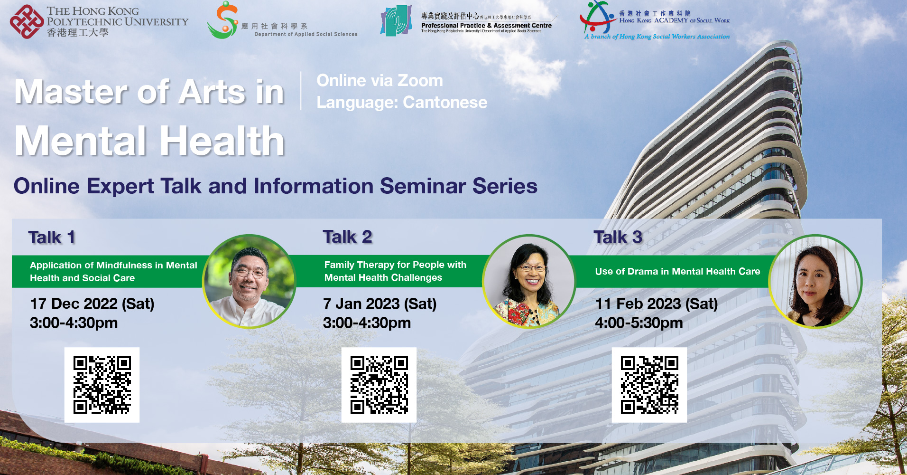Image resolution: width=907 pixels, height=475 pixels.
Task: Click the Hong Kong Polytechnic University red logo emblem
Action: pos(27,22)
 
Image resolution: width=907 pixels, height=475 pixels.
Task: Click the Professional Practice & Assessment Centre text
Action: pos(486,26)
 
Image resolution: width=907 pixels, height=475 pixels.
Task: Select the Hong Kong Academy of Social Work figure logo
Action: pos(597,18)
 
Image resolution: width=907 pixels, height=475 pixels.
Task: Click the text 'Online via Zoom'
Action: pos(379,81)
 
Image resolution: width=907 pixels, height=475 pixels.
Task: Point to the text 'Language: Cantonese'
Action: pos(401,103)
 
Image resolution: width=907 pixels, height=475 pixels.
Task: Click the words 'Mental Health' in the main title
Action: pos(149,141)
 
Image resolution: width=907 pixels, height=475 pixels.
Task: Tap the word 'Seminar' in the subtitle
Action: pos(423,186)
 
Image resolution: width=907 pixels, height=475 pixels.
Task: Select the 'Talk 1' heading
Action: pos(52,237)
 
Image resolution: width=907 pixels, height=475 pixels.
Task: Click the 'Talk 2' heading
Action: pos(347,237)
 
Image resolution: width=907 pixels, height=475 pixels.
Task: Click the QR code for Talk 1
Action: pos(102,385)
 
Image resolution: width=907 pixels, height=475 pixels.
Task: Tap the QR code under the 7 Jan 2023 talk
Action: pos(379,385)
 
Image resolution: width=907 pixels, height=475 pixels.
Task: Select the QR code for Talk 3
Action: pos(649,385)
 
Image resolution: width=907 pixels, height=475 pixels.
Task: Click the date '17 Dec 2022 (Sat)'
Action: pos(92,304)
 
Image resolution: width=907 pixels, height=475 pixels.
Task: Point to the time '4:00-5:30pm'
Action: pos(639,323)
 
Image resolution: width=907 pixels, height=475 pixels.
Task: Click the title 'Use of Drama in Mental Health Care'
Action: pos(677,272)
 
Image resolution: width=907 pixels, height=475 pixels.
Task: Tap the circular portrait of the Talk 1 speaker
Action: pos(249,282)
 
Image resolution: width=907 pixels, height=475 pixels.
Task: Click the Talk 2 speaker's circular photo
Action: pos(528,282)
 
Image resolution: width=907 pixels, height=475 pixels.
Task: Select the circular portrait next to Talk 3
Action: pos(814,282)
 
